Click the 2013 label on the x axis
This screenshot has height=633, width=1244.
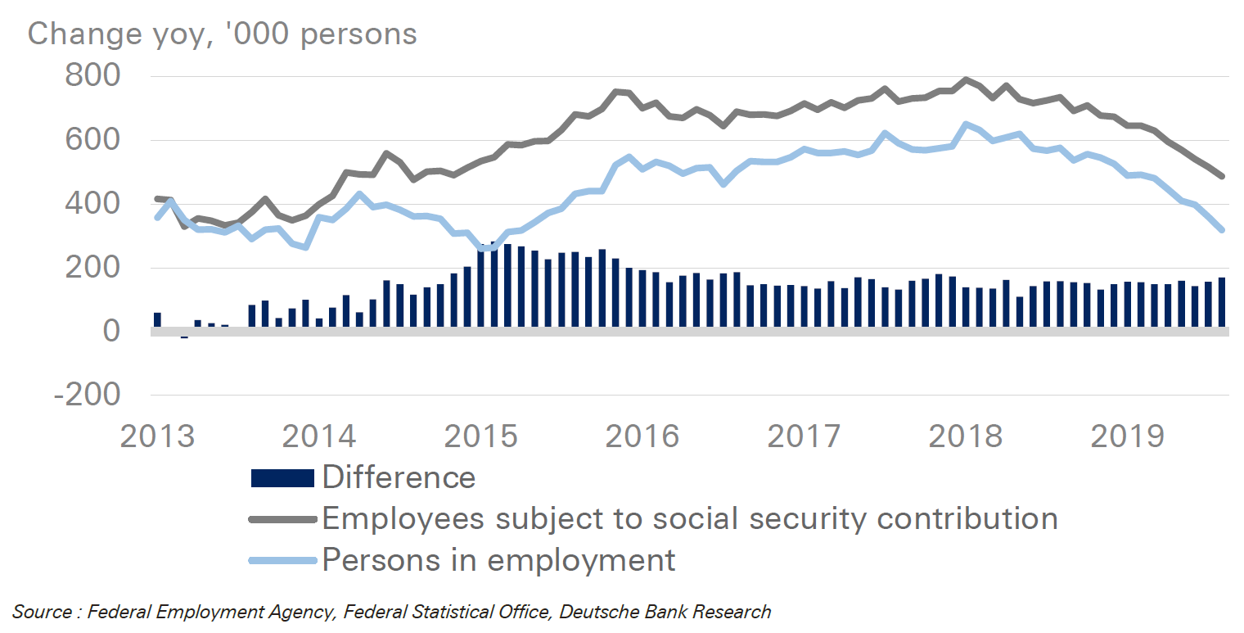tap(157, 436)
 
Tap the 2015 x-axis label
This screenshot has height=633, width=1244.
tap(480, 436)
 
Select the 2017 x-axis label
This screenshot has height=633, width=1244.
tap(804, 436)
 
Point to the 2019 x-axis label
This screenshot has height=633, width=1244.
tap(1127, 436)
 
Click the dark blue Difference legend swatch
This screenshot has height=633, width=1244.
tap(282, 478)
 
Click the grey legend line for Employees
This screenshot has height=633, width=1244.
tap(282, 519)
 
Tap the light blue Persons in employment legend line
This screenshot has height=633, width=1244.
tap(282, 561)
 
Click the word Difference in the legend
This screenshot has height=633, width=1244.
tap(399, 477)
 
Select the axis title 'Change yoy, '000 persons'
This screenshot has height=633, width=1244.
tap(223, 34)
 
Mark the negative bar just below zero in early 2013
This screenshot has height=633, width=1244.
tap(184, 335)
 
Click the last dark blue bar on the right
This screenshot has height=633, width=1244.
tap(1222, 303)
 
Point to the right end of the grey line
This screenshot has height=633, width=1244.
tap(1222, 176)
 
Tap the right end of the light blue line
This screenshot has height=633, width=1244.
tap(1222, 230)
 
